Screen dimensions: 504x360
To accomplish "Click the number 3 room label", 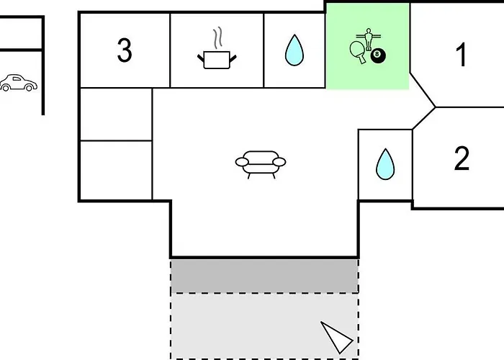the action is point(125,50).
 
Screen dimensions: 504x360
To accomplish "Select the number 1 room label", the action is point(462,55).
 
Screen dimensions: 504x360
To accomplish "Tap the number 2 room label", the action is point(462,158).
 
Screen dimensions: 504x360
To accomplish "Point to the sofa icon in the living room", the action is point(261,164).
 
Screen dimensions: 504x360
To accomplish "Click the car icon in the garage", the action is point(18,83).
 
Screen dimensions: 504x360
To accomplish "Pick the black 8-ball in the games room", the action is point(378,56).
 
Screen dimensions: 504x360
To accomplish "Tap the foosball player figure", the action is point(369,39).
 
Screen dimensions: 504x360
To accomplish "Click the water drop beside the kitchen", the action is point(294,50).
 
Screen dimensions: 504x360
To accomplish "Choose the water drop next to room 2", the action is point(385,164).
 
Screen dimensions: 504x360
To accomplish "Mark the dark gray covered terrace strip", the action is point(264,276).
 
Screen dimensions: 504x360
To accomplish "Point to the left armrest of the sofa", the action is point(242,162).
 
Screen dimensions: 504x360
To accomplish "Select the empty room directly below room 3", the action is point(116,114).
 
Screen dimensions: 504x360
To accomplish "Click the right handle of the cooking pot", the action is point(233,58).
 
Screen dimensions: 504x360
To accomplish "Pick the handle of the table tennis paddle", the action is point(362,60).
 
